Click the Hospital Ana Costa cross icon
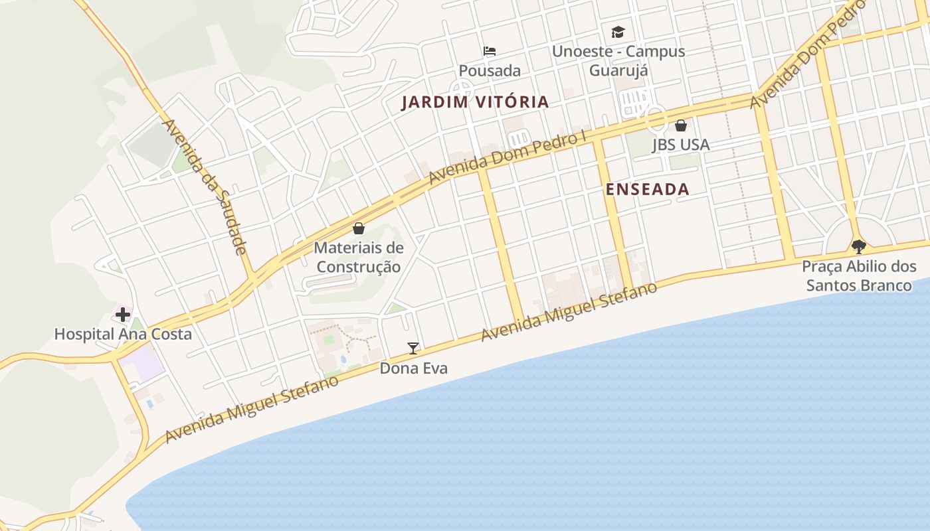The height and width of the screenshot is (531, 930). click(x=123, y=314)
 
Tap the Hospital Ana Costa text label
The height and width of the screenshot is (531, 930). click(x=123, y=334)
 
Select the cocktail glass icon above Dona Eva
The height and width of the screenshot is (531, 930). click(x=413, y=348)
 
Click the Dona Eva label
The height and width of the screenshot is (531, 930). click(x=413, y=368)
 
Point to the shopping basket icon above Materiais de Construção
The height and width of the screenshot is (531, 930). click(x=359, y=228)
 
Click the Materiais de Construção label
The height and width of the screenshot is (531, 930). click(x=359, y=258)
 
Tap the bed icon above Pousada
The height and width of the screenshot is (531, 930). click(x=490, y=51)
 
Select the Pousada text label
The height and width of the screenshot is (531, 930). click(x=490, y=70)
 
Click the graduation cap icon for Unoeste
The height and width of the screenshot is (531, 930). click(x=618, y=32)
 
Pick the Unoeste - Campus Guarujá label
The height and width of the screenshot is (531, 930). click(x=618, y=60)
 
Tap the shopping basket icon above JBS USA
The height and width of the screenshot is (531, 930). click(x=681, y=125)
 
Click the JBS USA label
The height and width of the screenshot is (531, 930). click(x=681, y=144)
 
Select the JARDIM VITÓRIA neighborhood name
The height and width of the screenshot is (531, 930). click(x=475, y=102)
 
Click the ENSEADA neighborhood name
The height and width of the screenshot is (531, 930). click(x=648, y=189)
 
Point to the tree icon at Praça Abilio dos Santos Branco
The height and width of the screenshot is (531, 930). click(x=859, y=247)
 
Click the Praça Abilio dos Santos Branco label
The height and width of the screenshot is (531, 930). click(x=859, y=276)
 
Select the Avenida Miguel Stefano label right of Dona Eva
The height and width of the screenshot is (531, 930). click(x=569, y=312)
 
